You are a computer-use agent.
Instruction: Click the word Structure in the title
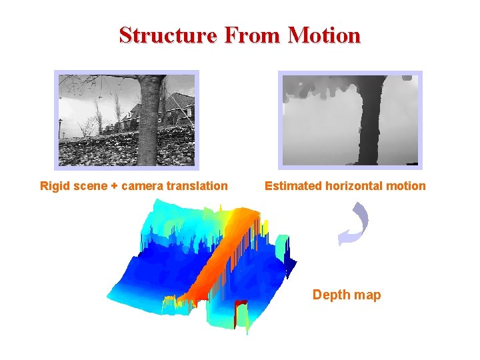(167, 35)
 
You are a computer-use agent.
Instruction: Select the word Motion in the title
(324, 35)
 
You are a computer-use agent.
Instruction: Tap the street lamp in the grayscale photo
(61, 127)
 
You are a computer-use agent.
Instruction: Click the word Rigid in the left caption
(55, 186)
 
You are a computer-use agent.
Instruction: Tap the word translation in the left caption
(198, 186)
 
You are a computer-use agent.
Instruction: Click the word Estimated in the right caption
(293, 186)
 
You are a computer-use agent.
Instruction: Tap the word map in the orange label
(367, 295)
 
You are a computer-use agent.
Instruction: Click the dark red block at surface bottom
(239, 310)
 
